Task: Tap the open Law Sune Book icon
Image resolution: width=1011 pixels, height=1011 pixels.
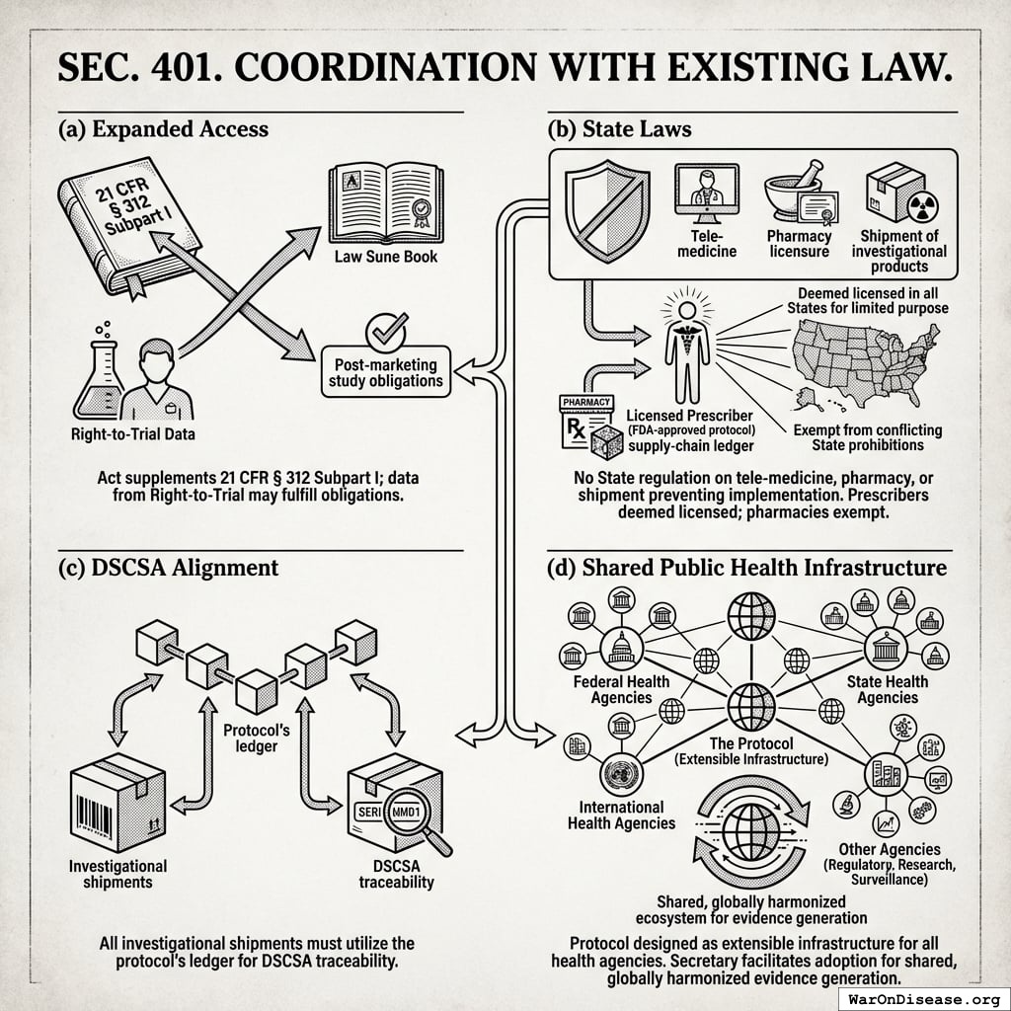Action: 385,203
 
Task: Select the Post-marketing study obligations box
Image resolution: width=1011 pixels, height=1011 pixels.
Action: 386,372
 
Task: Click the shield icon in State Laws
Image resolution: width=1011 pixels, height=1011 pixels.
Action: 604,213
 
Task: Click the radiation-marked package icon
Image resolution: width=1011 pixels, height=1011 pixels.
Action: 895,192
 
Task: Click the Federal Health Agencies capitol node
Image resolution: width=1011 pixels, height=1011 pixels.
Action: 621,648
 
